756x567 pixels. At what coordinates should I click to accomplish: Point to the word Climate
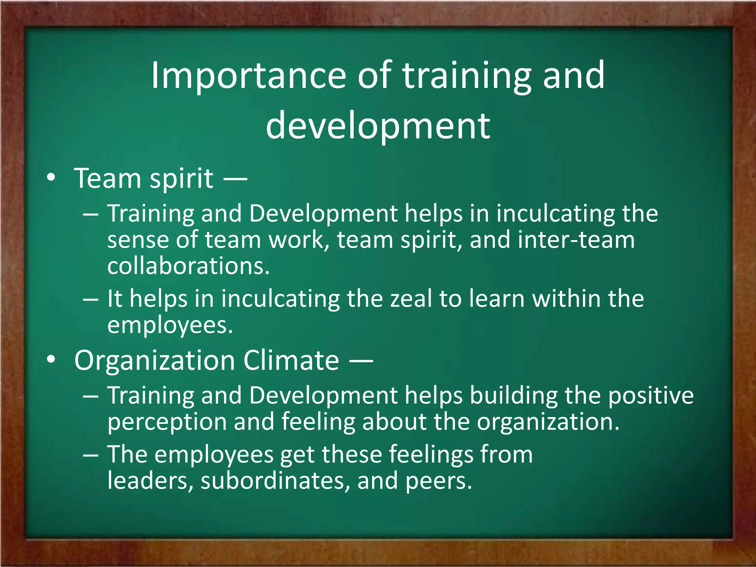point(291,360)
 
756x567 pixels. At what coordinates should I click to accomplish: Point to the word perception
point(167,422)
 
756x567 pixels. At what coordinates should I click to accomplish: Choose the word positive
point(651,396)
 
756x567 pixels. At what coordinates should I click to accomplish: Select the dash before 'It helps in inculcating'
point(90,299)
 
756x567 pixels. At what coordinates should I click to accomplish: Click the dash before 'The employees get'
point(90,455)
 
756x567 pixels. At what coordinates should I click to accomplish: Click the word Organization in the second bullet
point(154,360)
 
